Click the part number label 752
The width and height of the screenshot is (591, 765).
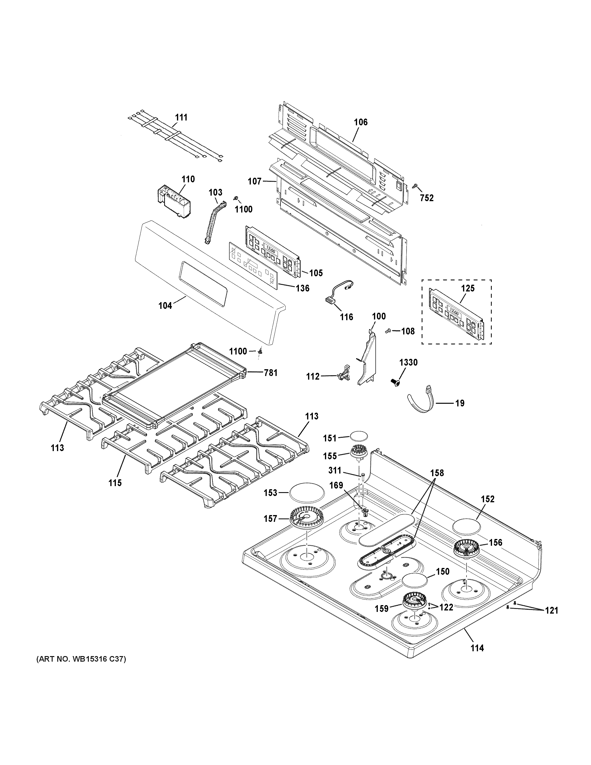pyautogui.click(x=427, y=198)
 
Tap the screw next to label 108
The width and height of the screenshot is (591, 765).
pyautogui.click(x=387, y=330)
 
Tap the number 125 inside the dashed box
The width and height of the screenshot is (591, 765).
pyautogui.click(x=468, y=288)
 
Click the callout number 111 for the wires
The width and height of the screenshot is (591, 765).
pyautogui.click(x=181, y=117)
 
